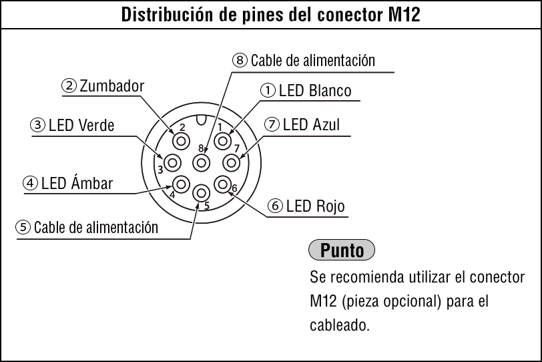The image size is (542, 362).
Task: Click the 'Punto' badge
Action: pyautogui.click(x=342, y=250)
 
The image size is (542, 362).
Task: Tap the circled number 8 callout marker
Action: pyautogui.click(x=240, y=60)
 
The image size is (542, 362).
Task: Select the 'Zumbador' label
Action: pyautogui.click(x=111, y=86)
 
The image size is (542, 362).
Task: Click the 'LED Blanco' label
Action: pyautogui.click(x=315, y=91)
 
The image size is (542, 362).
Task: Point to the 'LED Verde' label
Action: pyautogui.click(x=81, y=125)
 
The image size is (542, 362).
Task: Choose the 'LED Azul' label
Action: pyautogui.click(x=311, y=124)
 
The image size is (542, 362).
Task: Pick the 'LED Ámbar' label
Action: pyautogui.click(x=77, y=182)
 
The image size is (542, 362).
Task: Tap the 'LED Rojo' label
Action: pyautogui.click(x=315, y=206)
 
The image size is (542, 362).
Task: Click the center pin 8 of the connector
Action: pyautogui.click(x=202, y=162)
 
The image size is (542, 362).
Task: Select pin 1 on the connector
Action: pyautogui.click(x=223, y=141)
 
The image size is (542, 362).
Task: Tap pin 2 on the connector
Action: pyautogui.click(x=181, y=141)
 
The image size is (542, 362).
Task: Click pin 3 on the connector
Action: pyautogui.click(x=173, y=162)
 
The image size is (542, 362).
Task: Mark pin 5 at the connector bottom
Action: pyautogui.click(x=202, y=193)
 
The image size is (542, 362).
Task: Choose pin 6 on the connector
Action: pyautogui.click(x=223, y=184)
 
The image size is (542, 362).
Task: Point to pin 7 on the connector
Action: pyautogui.click(x=231, y=162)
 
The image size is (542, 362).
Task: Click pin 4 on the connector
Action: pyautogui.click(x=181, y=184)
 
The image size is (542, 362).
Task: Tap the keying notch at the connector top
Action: pyautogui.click(x=201, y=120)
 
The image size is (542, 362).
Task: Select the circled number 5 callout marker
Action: pyautogui.click(x=23, y=227)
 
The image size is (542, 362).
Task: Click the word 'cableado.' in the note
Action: pyautogui.click(x=340, y=325)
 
